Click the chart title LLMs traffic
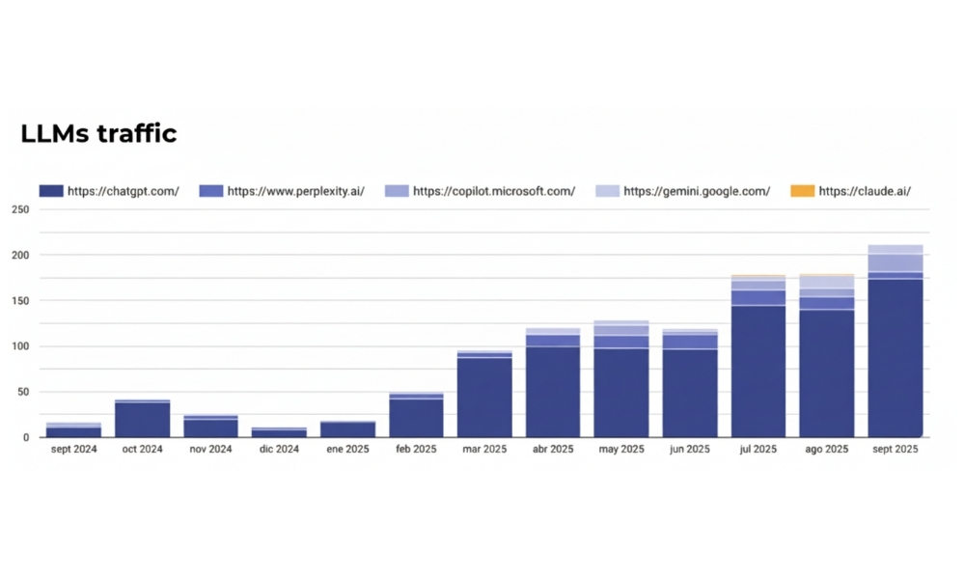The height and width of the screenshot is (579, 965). pos(98,133)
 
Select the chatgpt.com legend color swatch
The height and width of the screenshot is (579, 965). pos(51,191)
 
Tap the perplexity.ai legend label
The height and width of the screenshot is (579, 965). pos(295,191)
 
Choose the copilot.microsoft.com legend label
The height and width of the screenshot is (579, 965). pos(493,191)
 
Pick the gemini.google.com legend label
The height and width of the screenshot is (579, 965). pos(696,191)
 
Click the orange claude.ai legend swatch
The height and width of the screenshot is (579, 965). pos(802,191)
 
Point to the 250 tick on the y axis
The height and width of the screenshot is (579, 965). pos(20,209)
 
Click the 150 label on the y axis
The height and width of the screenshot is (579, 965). pos(20,301)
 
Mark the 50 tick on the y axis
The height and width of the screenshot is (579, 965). pos(23,393)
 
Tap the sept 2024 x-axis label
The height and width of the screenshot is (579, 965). pos(73,450)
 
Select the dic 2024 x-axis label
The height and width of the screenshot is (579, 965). pos(280,450)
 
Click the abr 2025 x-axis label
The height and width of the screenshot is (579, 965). pos(553,450)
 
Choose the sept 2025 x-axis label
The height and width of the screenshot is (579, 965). pos(895,450)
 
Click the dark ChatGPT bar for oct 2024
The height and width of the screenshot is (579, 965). pos(142,420)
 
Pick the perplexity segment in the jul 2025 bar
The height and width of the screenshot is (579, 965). pos(758,297)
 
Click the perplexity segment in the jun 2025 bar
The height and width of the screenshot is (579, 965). pos(690,342)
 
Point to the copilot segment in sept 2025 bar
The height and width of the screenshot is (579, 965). pos(895,262)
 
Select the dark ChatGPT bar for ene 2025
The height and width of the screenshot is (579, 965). pos(347,430)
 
